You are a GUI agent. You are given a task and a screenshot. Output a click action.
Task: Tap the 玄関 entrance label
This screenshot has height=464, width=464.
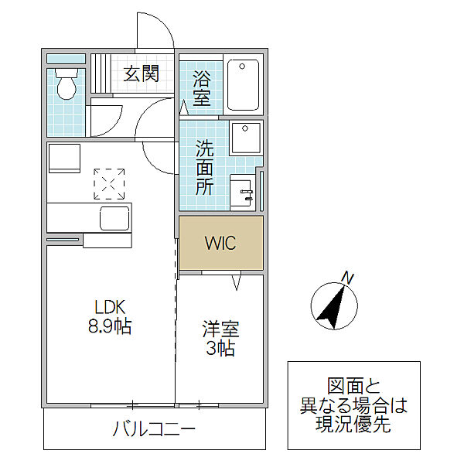[x=141, y=73]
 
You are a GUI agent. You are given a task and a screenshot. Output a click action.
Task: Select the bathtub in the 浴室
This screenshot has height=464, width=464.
[x=247, y=84]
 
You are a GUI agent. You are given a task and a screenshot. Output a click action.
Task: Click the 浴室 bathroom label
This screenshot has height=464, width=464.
[x=202, y=87]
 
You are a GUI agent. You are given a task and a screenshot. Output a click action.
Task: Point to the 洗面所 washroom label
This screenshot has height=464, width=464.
[x=204, y=166]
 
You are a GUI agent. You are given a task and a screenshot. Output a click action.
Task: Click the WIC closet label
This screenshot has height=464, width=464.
[x=221, y=242]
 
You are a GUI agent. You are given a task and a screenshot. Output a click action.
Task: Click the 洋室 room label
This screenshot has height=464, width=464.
[x=220, y=328]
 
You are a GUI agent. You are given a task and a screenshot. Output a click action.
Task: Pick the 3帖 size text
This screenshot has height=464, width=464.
[x=220, y=349]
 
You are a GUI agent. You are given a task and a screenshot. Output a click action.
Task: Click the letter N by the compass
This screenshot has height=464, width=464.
[x=348, y=277]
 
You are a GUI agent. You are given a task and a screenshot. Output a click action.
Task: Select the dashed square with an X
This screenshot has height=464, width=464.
[x=108, y=183]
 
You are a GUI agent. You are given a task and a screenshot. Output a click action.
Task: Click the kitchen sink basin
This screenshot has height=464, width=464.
[x=114, y=218]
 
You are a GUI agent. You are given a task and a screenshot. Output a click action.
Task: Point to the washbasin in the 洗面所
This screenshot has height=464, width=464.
[x=244, y=190]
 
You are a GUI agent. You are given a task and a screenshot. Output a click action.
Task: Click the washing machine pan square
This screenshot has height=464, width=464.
[x=246, y=140]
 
